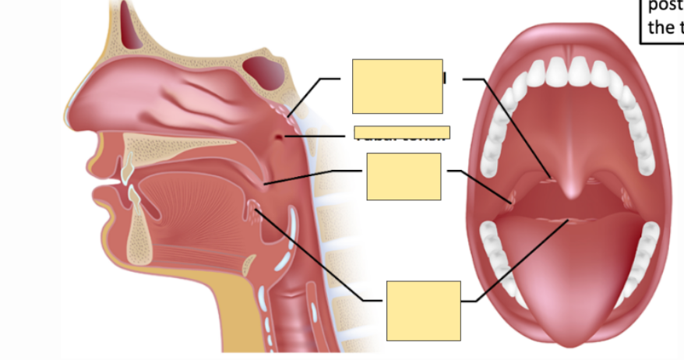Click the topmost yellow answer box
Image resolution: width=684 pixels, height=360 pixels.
(x=397, y=86)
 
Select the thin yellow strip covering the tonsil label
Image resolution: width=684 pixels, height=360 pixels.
(x=402, y=132)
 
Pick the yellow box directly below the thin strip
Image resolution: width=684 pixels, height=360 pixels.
(x=404, y=177)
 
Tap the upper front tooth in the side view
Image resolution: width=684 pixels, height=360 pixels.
(x=124, y=170)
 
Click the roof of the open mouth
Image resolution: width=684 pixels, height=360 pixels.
(x=573, y=125)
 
